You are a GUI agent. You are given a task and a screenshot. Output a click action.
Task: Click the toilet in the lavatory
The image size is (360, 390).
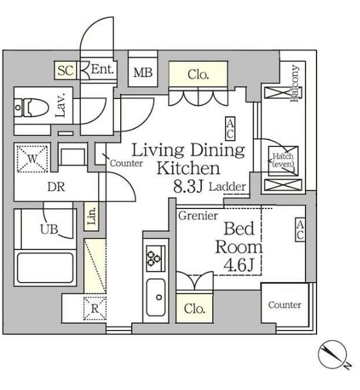point(31,107)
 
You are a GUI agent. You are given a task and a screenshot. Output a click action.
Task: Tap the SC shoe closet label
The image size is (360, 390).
point(66,70)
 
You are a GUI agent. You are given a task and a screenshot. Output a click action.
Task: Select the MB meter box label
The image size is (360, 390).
point(143,72)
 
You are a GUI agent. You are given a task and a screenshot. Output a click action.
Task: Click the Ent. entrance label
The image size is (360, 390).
point(102,69)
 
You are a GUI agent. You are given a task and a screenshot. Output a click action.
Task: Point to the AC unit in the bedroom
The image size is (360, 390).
point(301,230)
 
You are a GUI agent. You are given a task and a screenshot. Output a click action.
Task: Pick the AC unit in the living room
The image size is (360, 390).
point(230,129)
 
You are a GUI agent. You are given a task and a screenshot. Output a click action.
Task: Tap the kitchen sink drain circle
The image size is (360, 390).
point(159,297)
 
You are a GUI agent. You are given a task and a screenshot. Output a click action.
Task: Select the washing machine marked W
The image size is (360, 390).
point(32,159)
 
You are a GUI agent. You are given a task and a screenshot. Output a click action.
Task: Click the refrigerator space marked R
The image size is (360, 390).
point(95,308)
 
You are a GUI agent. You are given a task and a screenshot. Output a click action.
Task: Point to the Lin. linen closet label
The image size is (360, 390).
point(91,216)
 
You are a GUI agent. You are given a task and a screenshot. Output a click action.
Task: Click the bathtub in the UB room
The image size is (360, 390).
point(45,268)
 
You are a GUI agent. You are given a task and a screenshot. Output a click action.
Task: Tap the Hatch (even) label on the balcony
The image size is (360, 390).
point(283,160)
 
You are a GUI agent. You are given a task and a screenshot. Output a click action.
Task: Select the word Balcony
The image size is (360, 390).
point(296,83)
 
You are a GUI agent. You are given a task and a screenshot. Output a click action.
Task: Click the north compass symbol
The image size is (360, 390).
point(333,354)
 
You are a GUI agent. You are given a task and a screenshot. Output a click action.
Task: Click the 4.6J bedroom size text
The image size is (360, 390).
point(239,265)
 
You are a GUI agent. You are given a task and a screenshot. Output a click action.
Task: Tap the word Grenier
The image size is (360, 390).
point(198,215)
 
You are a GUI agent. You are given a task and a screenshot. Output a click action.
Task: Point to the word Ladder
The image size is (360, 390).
point(227,187)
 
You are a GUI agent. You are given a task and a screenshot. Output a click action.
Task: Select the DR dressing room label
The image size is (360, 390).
point(56,187)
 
